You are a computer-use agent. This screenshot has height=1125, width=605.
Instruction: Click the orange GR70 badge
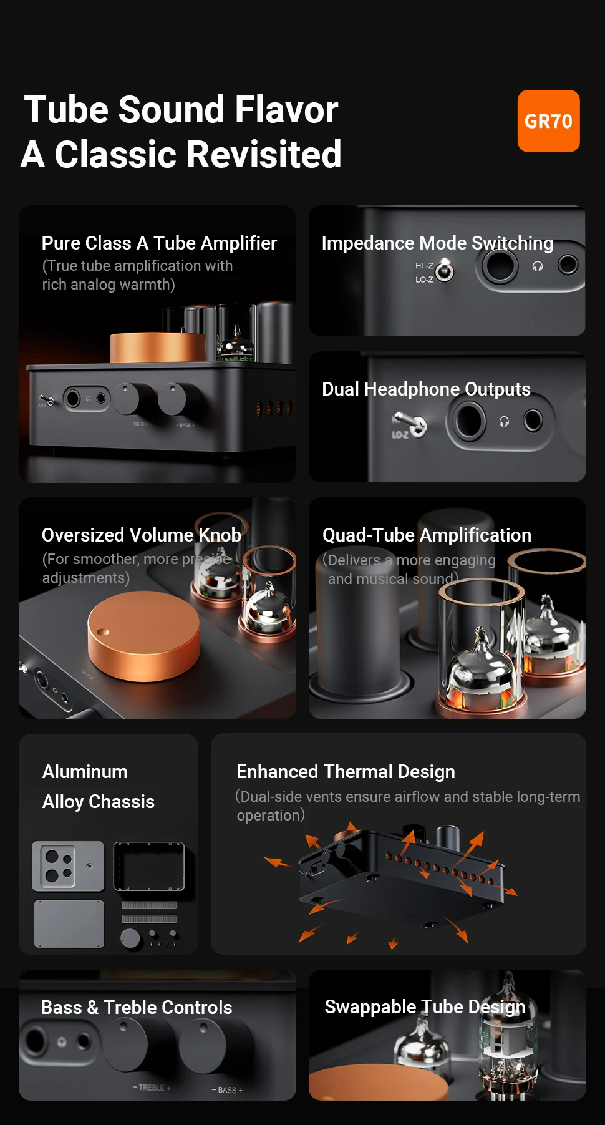click(x=548, y=121)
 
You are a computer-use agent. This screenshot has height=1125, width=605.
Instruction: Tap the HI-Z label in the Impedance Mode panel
click(x=424, y=266)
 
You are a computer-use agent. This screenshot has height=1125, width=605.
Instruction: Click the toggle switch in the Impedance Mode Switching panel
click(x=445, y=270)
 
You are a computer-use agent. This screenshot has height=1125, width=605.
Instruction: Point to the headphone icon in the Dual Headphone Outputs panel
click(x=504, y=422)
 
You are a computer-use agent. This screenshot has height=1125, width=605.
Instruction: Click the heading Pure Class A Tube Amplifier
click(x=159, y=243)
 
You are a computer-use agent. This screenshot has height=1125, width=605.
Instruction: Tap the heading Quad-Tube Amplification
click(x=427, y=535)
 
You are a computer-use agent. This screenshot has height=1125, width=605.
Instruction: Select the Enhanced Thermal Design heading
click(x=346, y=772)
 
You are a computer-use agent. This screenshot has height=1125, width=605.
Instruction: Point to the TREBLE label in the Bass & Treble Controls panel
click(x=152, y=1088)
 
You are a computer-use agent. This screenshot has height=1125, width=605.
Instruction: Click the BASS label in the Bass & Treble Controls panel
click(x=227, y=1090)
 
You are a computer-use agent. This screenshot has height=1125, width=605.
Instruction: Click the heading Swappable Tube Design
click(x=425, y=1006)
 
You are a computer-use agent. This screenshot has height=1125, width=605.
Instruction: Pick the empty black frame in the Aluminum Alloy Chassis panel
click(x=149, y=867)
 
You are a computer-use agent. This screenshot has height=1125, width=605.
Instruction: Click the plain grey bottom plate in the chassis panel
click(x=69, y=924)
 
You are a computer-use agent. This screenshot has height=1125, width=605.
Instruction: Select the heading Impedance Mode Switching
click(x=437, y=243)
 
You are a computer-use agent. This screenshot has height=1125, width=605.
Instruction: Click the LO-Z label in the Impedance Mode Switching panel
click(x=424, y=280)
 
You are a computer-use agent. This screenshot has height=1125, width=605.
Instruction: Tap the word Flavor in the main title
click(x=286, y=110)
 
